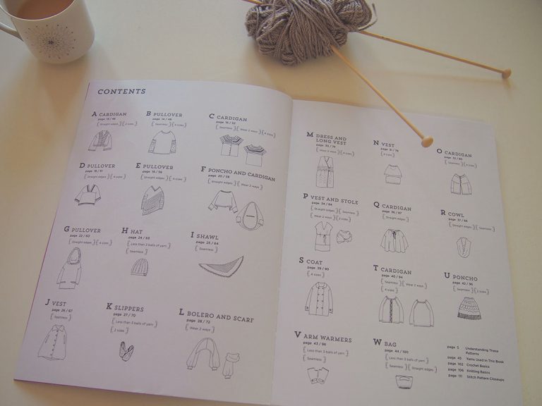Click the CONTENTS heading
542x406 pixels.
pos(121,91)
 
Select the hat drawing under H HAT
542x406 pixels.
pos(140,266)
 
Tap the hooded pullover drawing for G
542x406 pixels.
pos(69,266)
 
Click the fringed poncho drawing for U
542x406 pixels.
pos(469,307)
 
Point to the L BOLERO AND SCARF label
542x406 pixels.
pos(216,315)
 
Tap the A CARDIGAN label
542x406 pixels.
pos(109,113)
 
